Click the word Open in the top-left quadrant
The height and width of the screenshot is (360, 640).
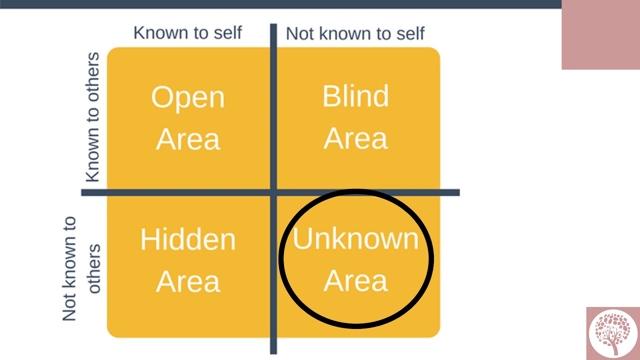[188, 98]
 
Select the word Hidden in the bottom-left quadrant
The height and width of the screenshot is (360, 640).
[188, 239]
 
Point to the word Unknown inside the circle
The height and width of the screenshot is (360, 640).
[355, 238]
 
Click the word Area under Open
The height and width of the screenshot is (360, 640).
[188, 139]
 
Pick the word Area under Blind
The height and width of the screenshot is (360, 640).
[355, 138]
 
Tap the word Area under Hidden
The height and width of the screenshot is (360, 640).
[188, 281]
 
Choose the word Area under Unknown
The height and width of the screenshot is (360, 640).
[355, 281]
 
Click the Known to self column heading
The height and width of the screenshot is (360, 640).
[187, 32]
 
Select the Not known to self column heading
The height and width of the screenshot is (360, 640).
[355, 33]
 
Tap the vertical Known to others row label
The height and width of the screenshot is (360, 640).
[93, 117]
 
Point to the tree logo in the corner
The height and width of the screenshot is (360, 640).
[612, 333]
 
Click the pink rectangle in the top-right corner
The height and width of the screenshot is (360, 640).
[601, 34]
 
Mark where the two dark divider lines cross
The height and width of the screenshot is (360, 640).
[273, 192]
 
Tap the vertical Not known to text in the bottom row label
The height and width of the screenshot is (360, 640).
[69, 268]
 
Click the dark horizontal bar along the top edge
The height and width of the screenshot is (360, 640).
[281, 4]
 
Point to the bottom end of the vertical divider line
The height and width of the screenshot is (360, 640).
[273, 353]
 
